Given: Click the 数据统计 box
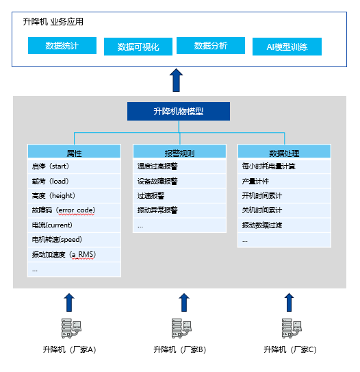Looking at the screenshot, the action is pyautogui.click(x=62, y=45).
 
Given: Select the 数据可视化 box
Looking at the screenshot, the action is pyautogui.click(x=138, y=47).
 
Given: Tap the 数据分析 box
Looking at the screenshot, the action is pyautogui.click(x=211, y=45).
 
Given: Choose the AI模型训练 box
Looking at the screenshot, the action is pyautogui.click(x=287, y=47).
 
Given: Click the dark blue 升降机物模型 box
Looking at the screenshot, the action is pyautogui.click(x=179, y=111).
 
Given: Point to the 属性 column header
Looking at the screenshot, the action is pyautogui.click(x=74, y=151).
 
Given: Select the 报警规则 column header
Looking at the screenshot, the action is pyautogui.click(x=179, y=151).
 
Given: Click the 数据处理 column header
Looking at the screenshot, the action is pyautogui.click(x=284, y=151).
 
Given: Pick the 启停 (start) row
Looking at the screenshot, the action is pyautogui.click(x=74, y=166).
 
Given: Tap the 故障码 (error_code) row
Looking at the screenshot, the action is pyautogui.click(x=74, y=210).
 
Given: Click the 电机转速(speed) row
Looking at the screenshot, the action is pyautogui.click(x=74, y=240).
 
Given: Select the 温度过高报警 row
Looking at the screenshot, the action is pyautogui.click(x=179, y=166).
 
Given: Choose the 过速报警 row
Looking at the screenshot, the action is pyautogui.click(x=179, y=196).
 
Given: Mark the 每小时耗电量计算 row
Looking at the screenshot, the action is pyautogui.click(x=284, y=166).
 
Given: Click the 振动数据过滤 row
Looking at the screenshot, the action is pyautogui.click(x=284, y=225).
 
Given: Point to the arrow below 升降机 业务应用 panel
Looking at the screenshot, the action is pyautogui.click(x=176, y=80).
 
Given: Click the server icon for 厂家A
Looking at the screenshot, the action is pyautogui.click(x=71, y=328).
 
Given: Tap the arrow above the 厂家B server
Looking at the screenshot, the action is pyautogui.click(x=184, y=303).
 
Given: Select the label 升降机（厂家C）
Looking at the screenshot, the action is pyautogui.click(x=290, y=349).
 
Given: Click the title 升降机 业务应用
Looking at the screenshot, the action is pyautogui.click(x=53, y=22).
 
